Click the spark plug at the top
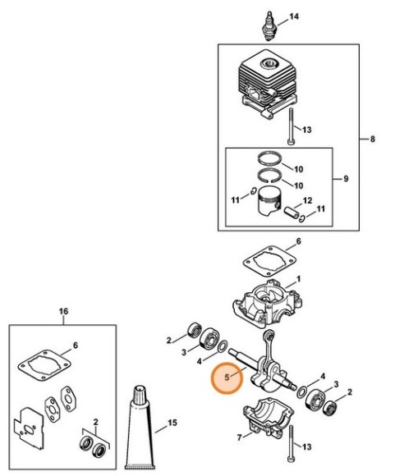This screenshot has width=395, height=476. pos(269,26)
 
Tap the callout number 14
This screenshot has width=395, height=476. pos(294,16)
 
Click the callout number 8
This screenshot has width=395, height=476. pos(373,140)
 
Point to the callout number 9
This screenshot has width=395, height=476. pos(346,179)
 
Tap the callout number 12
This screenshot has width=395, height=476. pos(307,201)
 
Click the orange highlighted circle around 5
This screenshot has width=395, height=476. pos(227,378)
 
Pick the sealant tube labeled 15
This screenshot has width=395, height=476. pos(141,427)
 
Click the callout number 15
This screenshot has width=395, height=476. pos(172,423)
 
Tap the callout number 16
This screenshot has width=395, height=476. pos(63,312)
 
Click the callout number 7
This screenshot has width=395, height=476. pos(240,437)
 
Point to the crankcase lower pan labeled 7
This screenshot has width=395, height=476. pos(269,415)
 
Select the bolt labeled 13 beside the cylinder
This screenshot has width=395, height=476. pos(291,126)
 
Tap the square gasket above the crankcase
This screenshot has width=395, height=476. pos(270,261)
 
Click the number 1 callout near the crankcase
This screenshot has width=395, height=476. pos(298,279)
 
